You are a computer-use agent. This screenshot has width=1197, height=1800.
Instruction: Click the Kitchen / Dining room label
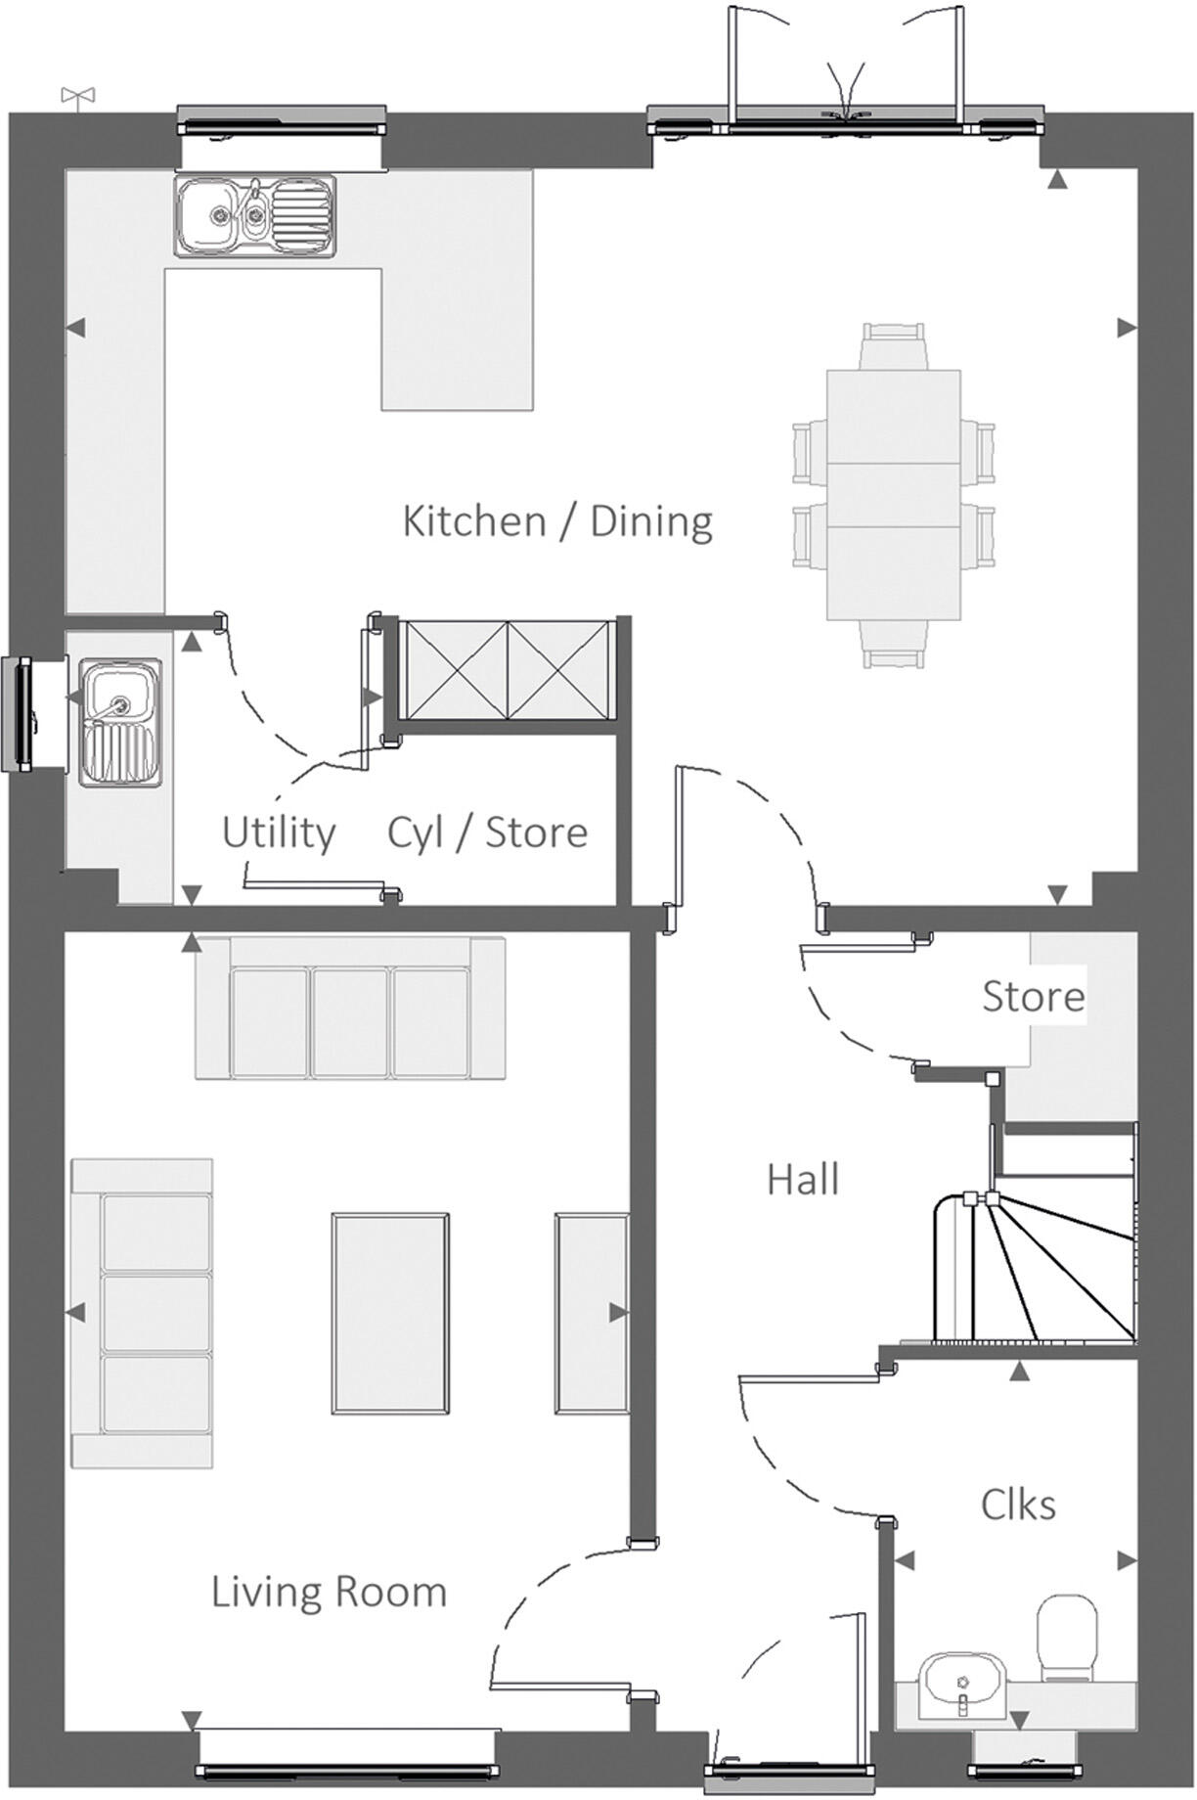click(x=557, y=520)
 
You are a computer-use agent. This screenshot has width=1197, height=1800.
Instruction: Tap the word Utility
click(x=279, y=832)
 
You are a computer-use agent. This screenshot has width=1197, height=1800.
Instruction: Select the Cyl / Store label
click(x=487, y=832)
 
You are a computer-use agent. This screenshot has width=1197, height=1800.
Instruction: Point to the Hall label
click(x=802, y=1180)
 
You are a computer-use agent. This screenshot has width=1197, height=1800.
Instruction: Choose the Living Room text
click(x=329, y=1593)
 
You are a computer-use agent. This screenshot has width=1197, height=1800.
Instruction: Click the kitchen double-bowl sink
click(x=254, y=216)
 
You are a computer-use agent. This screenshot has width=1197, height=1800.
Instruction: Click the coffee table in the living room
click(x=390, y=1314)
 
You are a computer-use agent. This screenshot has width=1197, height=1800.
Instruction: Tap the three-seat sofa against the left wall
click(x=143, y=1314)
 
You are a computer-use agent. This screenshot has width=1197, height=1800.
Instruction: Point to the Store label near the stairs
click(x=1033, y=997)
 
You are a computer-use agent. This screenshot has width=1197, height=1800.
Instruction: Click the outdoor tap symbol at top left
click(x=77, y=96)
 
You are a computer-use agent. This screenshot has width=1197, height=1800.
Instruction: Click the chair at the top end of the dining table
click(x=892, y=344)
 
